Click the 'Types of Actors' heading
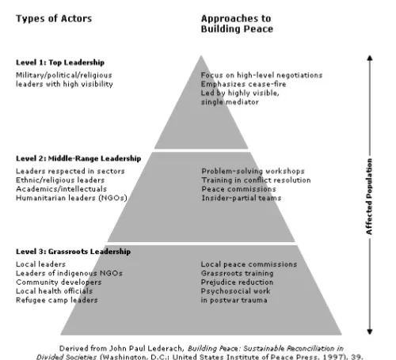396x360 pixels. click(54, 19)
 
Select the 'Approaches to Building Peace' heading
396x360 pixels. click(237, 24)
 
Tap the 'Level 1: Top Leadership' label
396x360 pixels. click(60, 63)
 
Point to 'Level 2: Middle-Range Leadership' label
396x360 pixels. click(78, 158)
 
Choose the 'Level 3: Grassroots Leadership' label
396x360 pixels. click(73, 252)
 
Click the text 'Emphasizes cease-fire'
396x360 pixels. click(243, 84)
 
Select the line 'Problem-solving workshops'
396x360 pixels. click(253, 171)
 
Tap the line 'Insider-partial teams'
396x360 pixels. click(242, 198)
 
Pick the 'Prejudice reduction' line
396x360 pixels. click(237, 282)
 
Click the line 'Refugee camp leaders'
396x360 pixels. click(57, 300)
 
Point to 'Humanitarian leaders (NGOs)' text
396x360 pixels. click(71, 198)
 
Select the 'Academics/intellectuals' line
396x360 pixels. click(61, 189)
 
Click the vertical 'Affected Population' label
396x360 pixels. click(369, 196)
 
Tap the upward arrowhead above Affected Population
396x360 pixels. click(370, 58)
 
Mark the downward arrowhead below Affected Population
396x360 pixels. click(370, 332)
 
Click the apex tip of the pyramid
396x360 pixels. click(201, 55)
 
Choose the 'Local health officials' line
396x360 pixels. click(54, 291)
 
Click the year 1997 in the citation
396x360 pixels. click(329, 357)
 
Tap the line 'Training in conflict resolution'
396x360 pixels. click(256, 180)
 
